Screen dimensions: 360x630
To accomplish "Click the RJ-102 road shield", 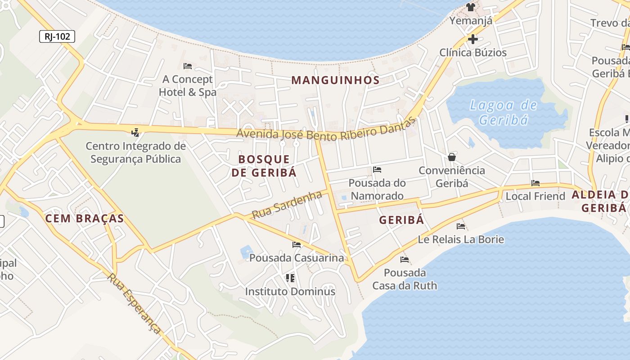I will pos(57,36).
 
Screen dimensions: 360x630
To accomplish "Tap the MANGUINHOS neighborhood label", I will pos(335,80).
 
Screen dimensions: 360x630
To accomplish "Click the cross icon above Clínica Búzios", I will pos(472,39).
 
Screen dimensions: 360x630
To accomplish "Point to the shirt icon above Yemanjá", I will pos(471,7).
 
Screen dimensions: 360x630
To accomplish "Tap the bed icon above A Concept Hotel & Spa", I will pos(188,66).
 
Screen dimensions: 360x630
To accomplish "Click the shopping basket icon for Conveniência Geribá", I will pos(452,157).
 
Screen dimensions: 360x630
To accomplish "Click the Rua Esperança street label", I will pos(134,303).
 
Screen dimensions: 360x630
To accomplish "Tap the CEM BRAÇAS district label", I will pos(85,219).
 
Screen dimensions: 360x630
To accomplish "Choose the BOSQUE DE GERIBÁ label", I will pos(264,166).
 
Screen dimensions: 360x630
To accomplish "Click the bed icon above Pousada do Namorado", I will pos(377,170).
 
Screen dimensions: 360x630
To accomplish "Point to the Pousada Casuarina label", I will pos(297,258).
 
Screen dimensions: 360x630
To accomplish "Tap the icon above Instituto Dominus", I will pos(290,278).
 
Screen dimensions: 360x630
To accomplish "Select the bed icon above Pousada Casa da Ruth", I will pos(405,260).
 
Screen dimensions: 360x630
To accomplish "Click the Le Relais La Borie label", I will pos(461,239).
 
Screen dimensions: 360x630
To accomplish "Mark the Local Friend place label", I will pos(535,196).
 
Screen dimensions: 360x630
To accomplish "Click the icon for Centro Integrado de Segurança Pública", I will pos(135,132).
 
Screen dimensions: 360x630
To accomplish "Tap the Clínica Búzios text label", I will pos(473,53).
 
